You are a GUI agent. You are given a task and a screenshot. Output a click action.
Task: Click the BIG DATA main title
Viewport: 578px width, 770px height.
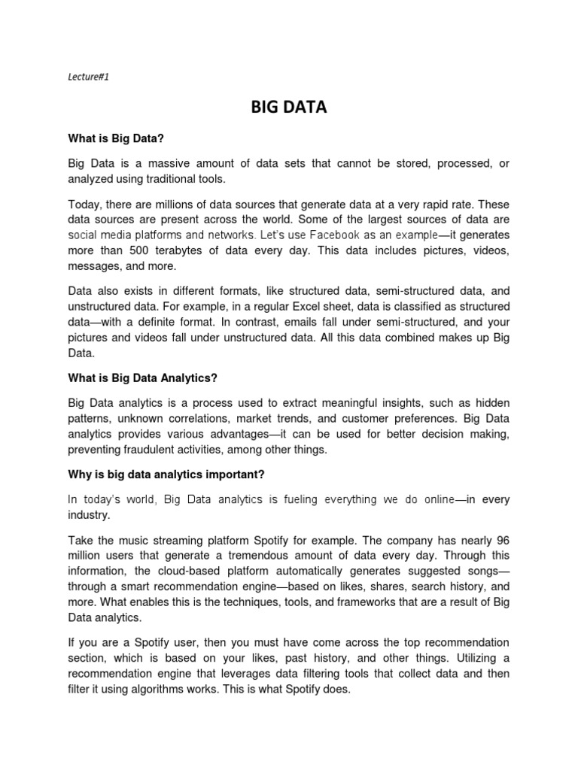(289, 108)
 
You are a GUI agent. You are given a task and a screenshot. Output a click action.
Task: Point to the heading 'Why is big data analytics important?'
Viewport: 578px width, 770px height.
(166, 474)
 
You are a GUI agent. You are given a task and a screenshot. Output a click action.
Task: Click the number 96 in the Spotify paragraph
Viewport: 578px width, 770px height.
(502, 541)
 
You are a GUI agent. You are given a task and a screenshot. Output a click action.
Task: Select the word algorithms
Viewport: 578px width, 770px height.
(167, 688)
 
